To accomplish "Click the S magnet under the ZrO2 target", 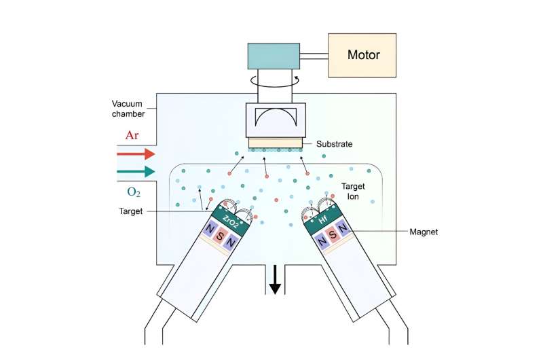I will (219, 237).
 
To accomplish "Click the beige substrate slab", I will (275, 143).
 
